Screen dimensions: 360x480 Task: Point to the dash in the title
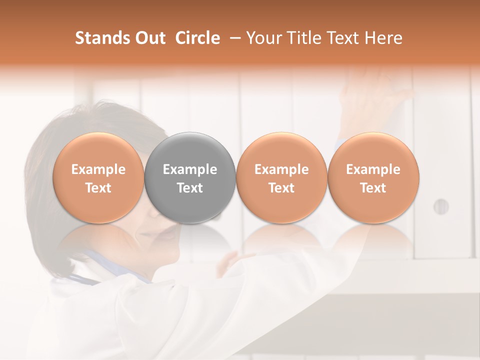pos(233,38)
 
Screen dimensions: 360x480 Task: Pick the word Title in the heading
pos(305,38)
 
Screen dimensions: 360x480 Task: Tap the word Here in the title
pos(384,38)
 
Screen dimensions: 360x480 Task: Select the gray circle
pos(190,177)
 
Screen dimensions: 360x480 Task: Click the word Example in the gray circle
pos(190,169)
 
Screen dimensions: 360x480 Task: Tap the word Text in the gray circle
pos(190,188)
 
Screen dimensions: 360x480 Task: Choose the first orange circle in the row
pos(98,177)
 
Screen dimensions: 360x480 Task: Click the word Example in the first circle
pos(98,169)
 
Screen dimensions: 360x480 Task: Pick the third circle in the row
pos(281,177)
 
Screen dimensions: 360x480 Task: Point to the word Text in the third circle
pos(281,188)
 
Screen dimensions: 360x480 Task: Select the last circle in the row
pos(373,177)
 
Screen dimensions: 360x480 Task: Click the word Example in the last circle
pos(373,169)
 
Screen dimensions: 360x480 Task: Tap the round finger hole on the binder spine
pos(440,206)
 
